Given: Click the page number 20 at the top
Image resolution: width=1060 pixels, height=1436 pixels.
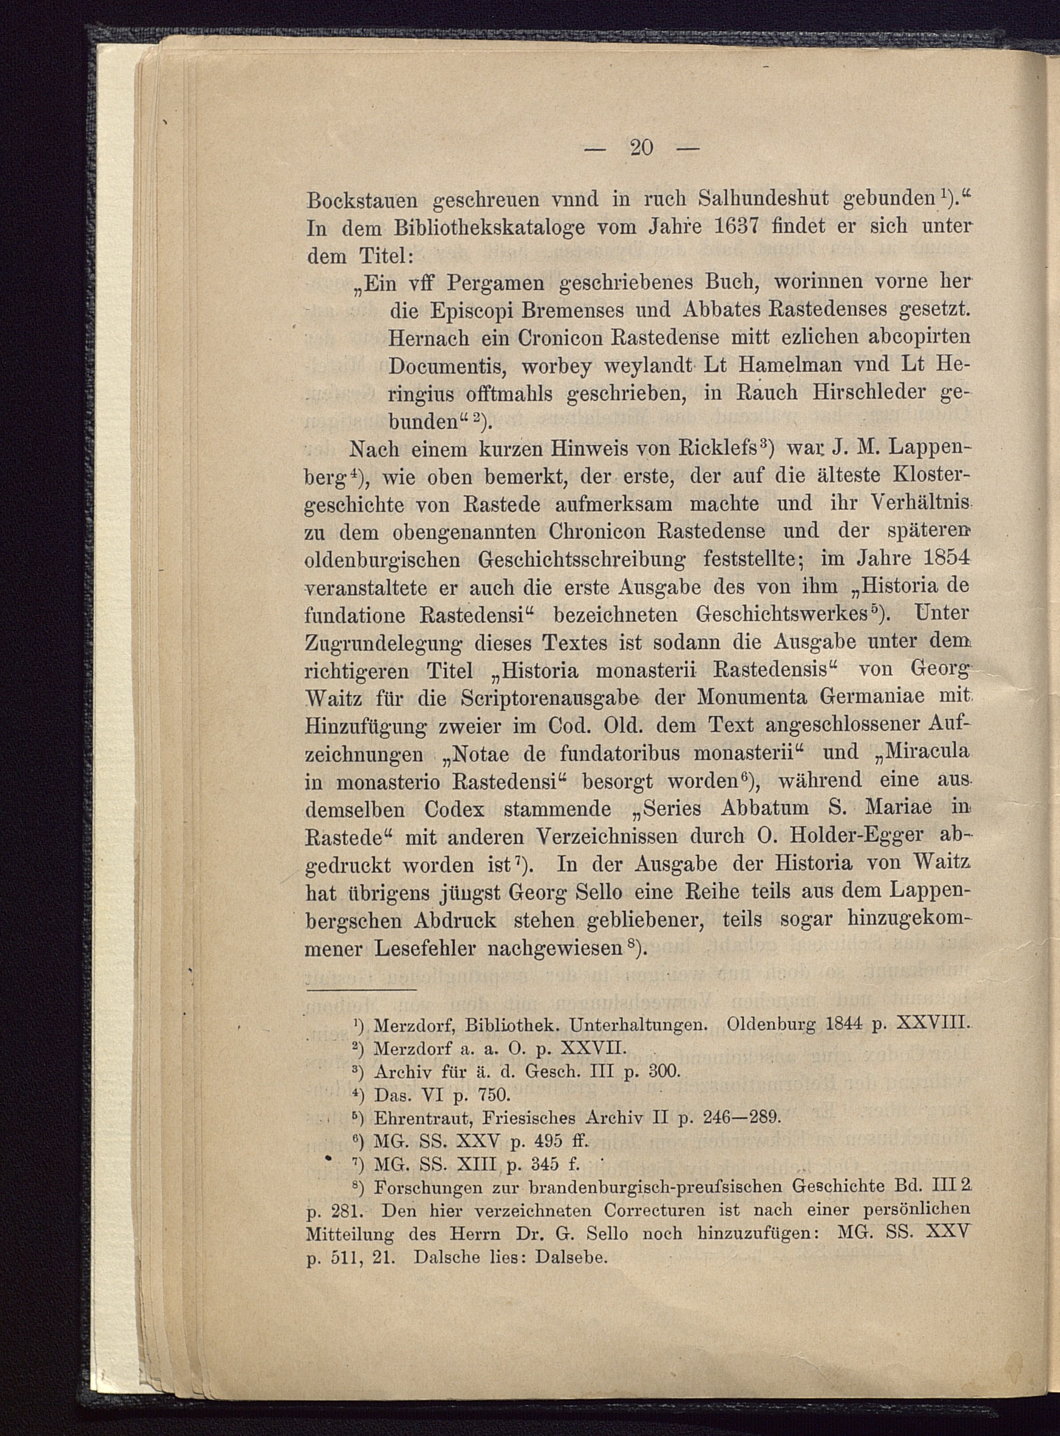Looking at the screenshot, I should point(642,148).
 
